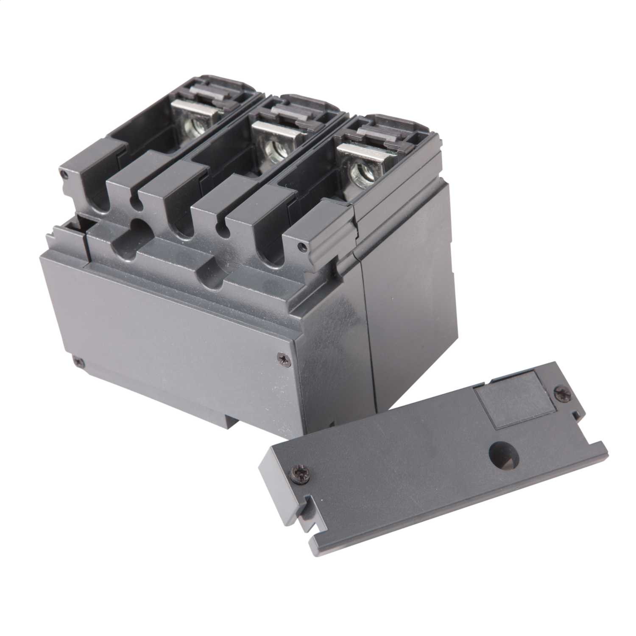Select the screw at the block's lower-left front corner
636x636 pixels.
(x=77, y=362)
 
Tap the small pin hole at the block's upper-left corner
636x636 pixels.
(x=64, y=174)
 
